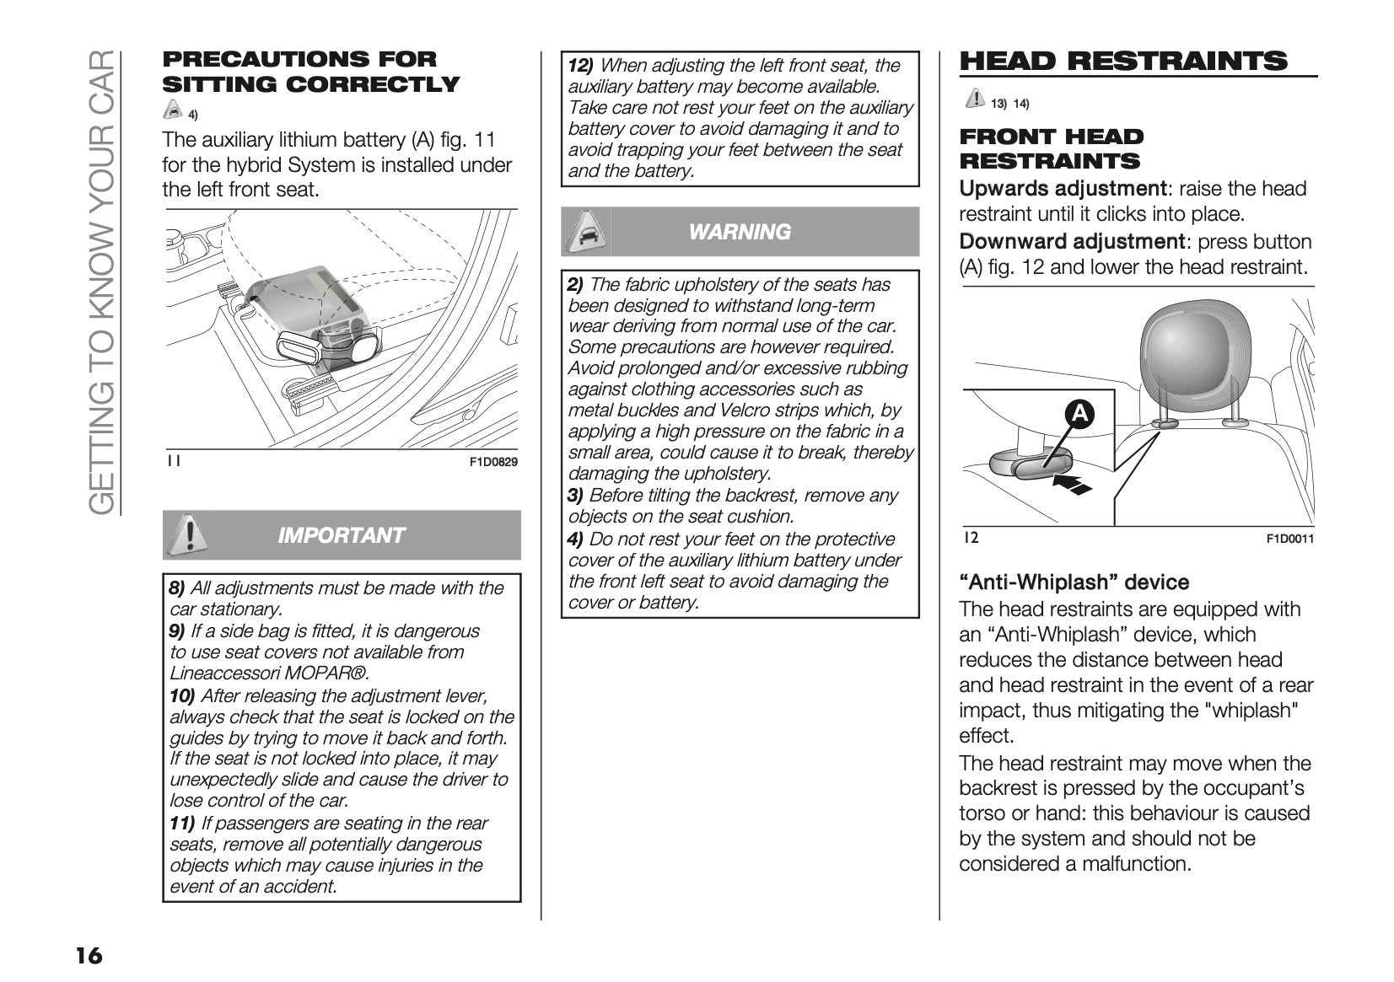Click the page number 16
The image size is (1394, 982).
(x=89, y=956)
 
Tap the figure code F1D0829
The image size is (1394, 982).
(x=493, y=462)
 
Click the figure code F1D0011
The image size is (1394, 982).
(x=1289, y=539)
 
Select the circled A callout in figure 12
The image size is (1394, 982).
(x=1079, y=413)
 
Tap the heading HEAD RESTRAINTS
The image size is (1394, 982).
(x=1123, y=62)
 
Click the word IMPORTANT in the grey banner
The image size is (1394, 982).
(x=341, y=535)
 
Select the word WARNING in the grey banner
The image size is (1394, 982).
(x=740, y=232)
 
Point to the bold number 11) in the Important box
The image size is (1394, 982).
(x=182, y=824)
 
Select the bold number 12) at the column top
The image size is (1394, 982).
(x=580, y=66)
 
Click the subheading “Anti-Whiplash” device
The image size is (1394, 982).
(x=1074, y=582)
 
